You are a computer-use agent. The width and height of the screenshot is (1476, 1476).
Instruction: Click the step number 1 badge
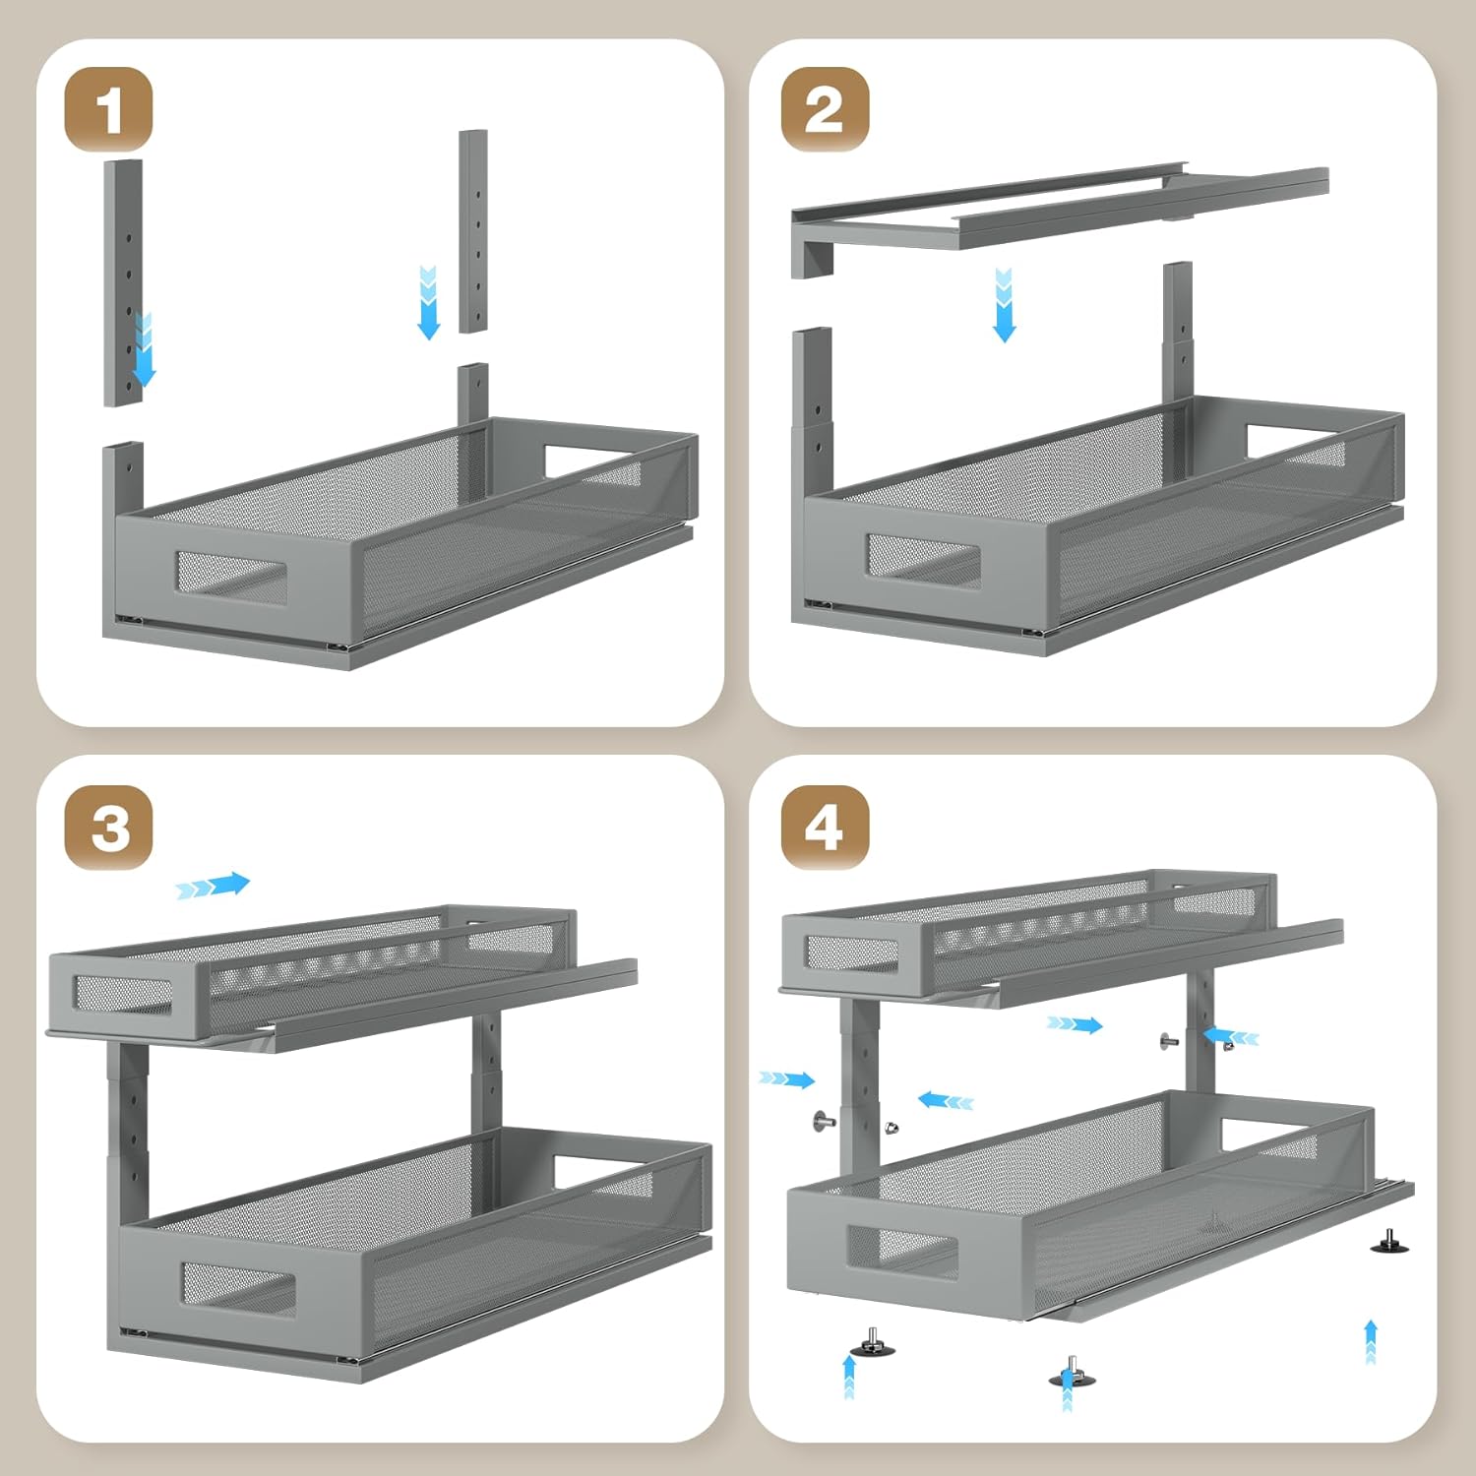coord(108,109)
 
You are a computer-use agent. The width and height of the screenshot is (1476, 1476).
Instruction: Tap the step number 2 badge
coord(825,109)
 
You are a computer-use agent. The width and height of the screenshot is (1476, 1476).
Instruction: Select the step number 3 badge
coord(108,828)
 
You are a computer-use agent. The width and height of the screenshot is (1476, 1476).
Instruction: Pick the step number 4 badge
coord(825,828)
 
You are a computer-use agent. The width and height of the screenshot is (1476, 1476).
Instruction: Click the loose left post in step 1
coord(123,282)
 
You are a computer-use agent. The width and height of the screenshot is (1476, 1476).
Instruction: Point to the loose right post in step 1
coord(473,231)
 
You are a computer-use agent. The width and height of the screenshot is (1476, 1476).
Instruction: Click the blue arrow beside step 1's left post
coord(145,350)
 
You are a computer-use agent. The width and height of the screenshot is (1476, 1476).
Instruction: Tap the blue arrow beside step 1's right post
coord(428,302)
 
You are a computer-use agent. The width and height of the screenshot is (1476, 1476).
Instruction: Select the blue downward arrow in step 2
coord(1004,305)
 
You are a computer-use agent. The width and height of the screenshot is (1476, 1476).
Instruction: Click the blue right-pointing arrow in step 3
coord(214,886)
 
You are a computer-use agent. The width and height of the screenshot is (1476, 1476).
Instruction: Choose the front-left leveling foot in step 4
coord(872,1343)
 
